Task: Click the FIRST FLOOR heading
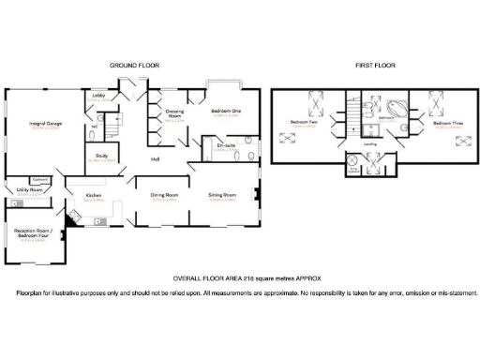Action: tap(371, 65)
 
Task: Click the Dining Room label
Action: tap(165, 195)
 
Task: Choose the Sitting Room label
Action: tap(221, 195)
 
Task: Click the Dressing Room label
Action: tap(174, 113)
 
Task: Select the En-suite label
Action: tap(225, 145)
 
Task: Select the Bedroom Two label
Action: tap(303, 123)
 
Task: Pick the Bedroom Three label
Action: tap(445, 123)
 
